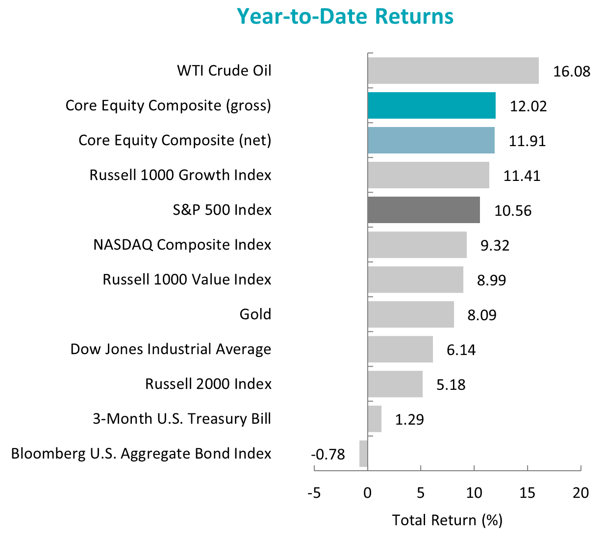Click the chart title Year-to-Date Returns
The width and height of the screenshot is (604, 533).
tap(345, 16)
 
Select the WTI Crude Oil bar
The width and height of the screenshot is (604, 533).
tap(453, 71)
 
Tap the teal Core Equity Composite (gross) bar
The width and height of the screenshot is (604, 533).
tap(431, 105)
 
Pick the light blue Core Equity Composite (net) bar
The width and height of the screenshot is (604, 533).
tap(431, 140)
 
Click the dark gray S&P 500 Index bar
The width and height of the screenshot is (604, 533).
tap(424, 210)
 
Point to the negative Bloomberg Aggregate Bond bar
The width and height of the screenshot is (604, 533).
tap(363, 454)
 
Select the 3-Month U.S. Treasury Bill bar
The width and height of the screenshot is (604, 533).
tap(375, 419)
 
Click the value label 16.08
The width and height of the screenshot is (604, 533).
tap(572, 72)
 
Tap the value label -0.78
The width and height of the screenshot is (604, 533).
tap(328, 455)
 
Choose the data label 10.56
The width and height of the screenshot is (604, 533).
tap(513, 211)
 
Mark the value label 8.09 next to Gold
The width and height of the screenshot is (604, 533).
tap(482, 315)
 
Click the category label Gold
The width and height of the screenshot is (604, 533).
tap(255, 314)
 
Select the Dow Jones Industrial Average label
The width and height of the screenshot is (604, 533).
tap(171, 349)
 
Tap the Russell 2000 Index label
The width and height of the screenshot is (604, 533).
tap(208, 384)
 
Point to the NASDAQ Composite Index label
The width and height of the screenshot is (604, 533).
tap(182, 245)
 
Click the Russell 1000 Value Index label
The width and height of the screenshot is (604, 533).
tap(187, 279)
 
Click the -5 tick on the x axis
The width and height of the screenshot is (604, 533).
tap(314, 493)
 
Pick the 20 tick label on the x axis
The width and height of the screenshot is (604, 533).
tap(580, 493)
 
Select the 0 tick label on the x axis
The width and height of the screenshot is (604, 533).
tap(367, 493)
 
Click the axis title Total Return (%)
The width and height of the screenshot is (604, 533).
tap(447, 520)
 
